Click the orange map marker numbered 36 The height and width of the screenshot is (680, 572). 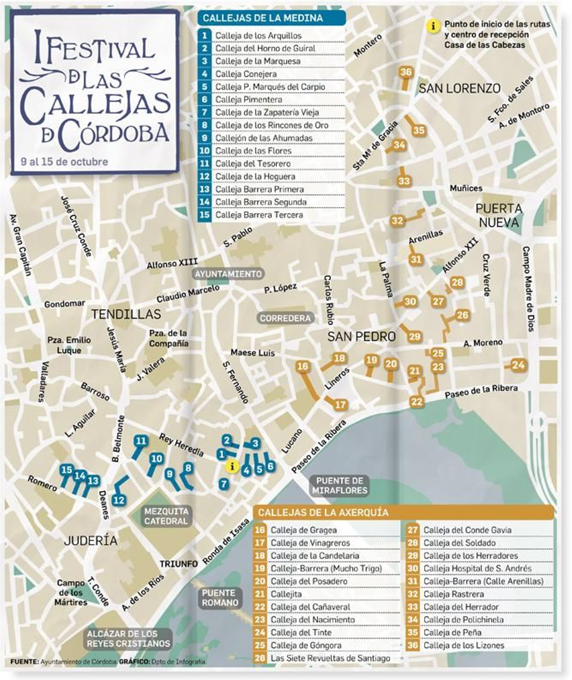click(x=406, y=72)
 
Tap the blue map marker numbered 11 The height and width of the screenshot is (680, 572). click(x=141, y=441)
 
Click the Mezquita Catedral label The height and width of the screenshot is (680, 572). click(x=166, y=516)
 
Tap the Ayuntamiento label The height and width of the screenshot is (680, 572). click(x=228, y=274)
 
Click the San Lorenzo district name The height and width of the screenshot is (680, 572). click(x=459, y=88)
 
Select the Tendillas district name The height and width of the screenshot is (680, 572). click(x=126, y=314)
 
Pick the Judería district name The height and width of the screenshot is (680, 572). click(x=91, y=541)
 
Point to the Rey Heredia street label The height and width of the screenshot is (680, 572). click(x=181, y=444)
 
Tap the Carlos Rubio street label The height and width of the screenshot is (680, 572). click(x=329, y=300)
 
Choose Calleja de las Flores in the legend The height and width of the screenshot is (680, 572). click(x=253, y=151)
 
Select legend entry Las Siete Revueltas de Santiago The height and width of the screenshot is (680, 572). click(x=330, y=658)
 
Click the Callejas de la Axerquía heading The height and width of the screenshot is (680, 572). click(x=323, y=512)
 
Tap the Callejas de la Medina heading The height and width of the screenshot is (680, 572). click(x=263, y=18)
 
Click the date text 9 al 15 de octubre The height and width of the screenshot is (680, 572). click(x=64, y=162)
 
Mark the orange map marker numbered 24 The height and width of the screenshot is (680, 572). click(x=518, y=365)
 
